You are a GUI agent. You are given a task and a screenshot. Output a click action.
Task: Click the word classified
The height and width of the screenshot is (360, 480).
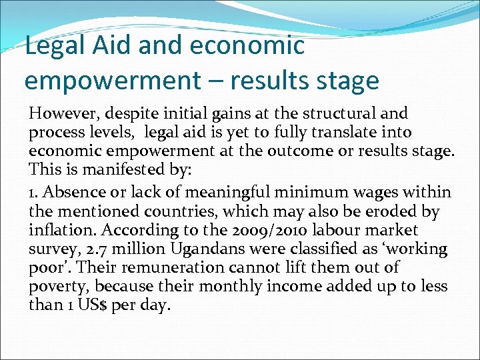click(308, 249)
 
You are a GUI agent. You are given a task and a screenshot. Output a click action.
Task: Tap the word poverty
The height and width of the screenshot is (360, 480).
click(57, 286)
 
